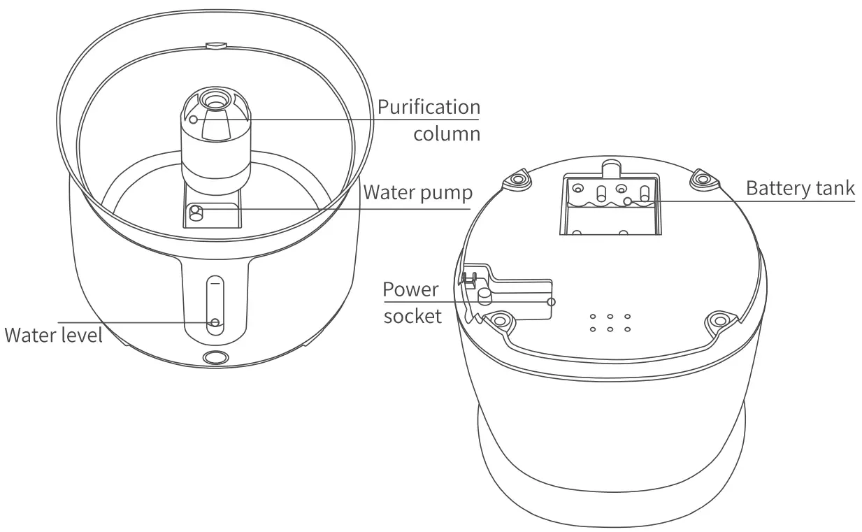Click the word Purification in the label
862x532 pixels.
[x=429, y=108]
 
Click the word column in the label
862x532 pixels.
[x=447, y=133]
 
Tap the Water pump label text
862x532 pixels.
[x=417, y=192]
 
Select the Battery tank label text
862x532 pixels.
[x=800, y=188]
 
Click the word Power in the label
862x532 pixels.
[x=411, y=289]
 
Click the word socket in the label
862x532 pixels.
[x=412, y=315]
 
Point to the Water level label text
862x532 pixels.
[x=53, y=335]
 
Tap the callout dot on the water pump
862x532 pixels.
[x=196, y=209]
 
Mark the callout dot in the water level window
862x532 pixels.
[x=215, y=322]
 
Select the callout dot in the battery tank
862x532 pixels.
[x=628, y=201]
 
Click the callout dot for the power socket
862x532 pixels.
[x=552, y=301]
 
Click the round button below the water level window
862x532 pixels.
[x=214, y=358]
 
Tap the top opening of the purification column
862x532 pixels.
[x=214, y=100]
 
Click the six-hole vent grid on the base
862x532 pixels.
[x=610, y=323]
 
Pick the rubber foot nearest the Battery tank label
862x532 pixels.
[x=701, y=180]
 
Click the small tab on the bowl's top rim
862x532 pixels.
[x=215, y=45]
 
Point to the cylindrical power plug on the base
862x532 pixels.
[x=483, y=297]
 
